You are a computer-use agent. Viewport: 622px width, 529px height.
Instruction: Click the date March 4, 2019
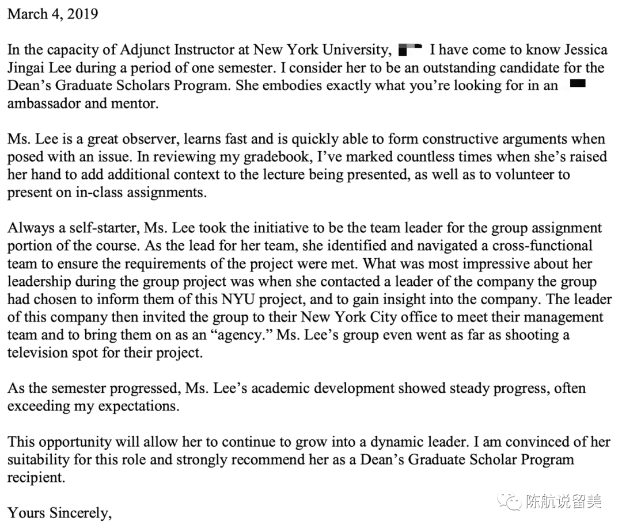[x=52, y=13]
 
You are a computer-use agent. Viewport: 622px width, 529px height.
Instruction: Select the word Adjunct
[x=151, y=49]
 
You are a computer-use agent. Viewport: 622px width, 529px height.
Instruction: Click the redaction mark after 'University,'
[x=410, y=49]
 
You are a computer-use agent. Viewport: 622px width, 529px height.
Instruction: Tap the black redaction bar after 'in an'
[x=577, y=85]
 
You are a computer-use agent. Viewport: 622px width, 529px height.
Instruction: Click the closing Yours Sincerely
[x=59, y=512]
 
